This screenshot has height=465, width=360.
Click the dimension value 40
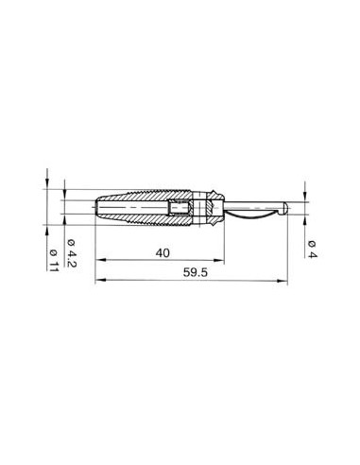[162, 252]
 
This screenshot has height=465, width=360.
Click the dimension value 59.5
[194, 271]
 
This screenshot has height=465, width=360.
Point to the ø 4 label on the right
[311, 249]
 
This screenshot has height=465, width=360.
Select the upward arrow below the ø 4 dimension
[308, 217]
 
